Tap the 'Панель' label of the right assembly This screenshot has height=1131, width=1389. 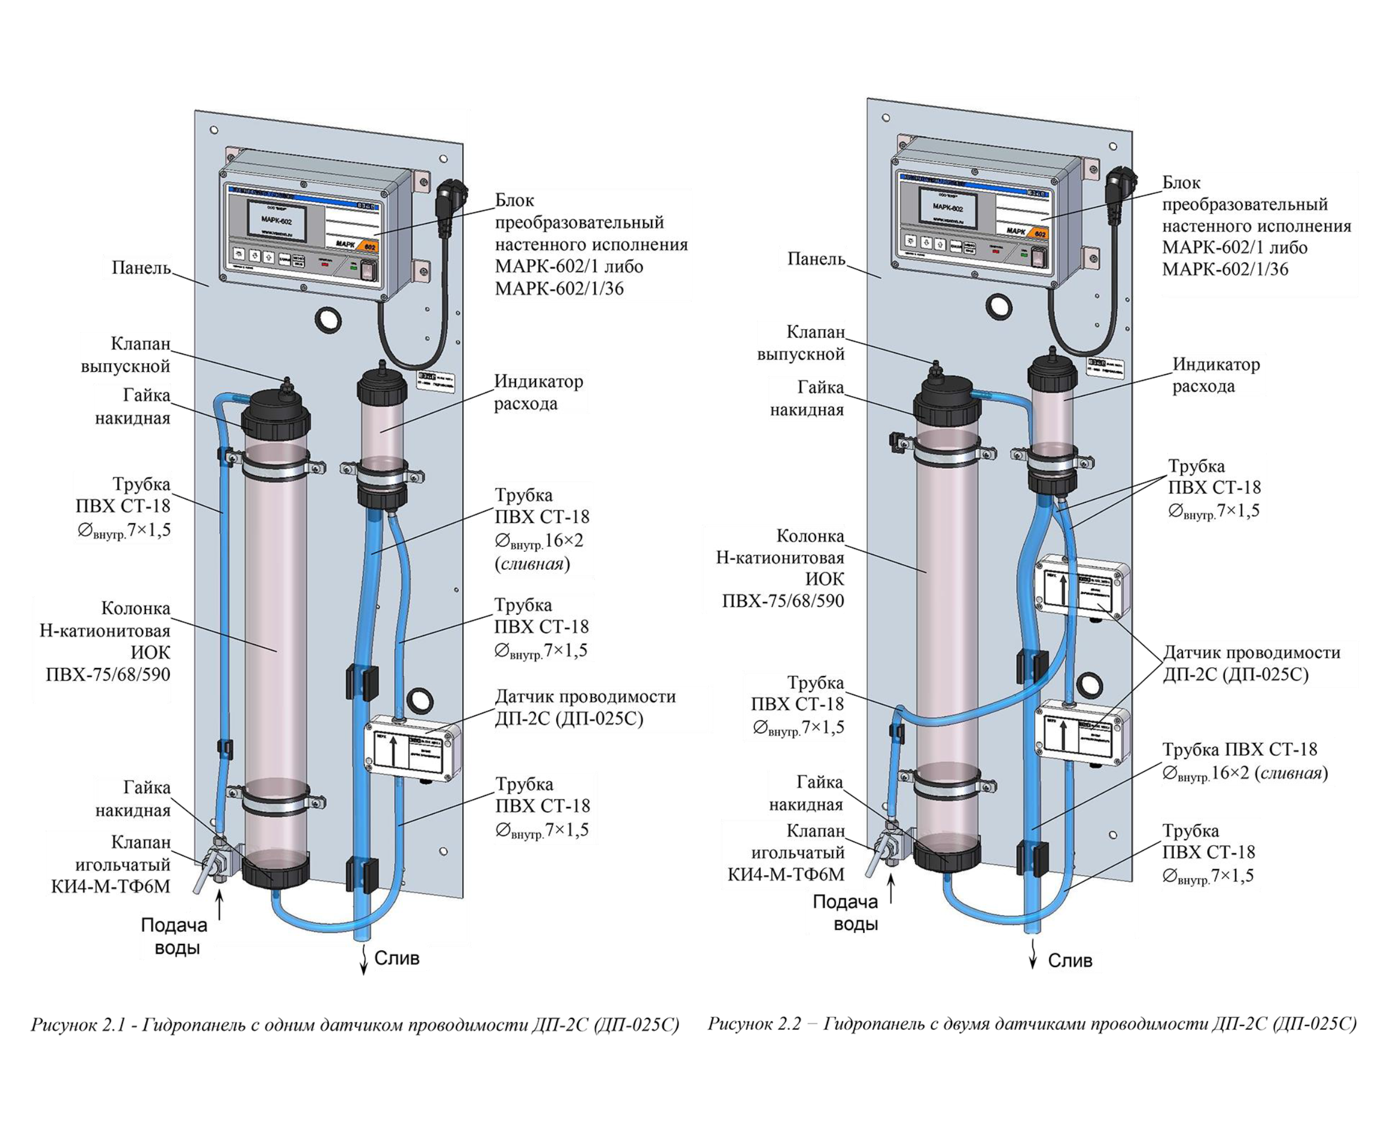click(x=816, y=259)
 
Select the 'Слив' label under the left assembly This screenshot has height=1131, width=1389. click(x=396, y=958)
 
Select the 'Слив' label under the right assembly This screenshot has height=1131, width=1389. click(x=1070, y=961)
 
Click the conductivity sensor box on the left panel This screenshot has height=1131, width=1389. click(x=415, y=748)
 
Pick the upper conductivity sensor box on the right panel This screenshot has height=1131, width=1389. click(x=1082, y=584)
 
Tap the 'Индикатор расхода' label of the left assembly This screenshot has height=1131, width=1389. click(x=537, y=392)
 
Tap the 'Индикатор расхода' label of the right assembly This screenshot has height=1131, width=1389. click(x=1216, y=375)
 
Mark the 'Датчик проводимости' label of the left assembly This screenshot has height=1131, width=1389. click(x=585, y=708)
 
